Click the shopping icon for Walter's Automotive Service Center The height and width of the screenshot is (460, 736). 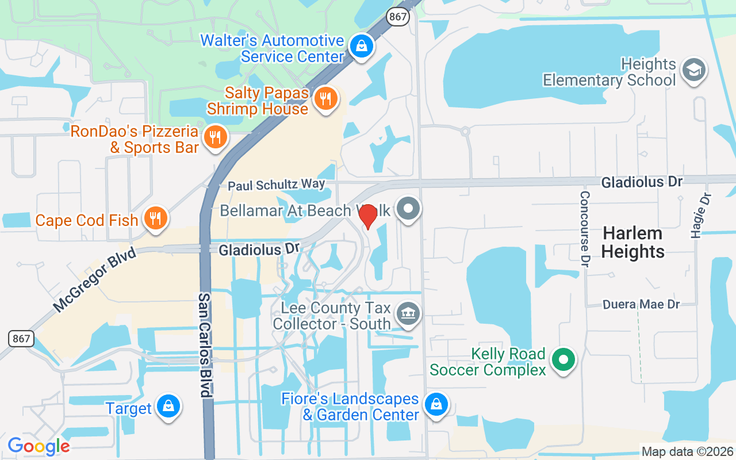click(x=362, y=45)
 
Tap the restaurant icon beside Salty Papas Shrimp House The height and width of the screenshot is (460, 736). click(x=326, y=98)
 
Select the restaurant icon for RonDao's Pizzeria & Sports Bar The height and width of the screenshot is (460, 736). click(x=216, y=137)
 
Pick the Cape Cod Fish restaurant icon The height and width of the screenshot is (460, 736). click(x=155, y=218)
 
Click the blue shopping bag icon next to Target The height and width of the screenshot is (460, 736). click(x=168, y=407)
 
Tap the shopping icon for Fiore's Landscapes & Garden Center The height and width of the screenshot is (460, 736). click(x=436, y=404)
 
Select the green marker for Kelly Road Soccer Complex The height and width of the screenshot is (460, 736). click(x=563, y=360)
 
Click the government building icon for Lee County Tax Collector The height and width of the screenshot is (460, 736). click(x=408, y=313)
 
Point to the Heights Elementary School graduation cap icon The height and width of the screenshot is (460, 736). click(x=693, y=70)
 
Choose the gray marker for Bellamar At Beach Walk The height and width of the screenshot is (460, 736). click(x=409, y=209)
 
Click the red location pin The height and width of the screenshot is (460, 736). click(x=367, y=216)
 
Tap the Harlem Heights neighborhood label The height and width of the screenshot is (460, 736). click(x=634, y=242)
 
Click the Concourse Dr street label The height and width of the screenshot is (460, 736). click(x=585, y=229)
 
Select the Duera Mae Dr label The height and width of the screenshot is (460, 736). click(x=641, y=304)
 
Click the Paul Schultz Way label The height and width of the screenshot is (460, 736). click(x=276, y=185)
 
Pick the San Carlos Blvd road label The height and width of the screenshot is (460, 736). click(x=205, y=344)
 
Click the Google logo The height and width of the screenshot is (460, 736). click(x=39, y=446)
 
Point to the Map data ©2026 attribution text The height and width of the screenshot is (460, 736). click(x=687, y=451)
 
